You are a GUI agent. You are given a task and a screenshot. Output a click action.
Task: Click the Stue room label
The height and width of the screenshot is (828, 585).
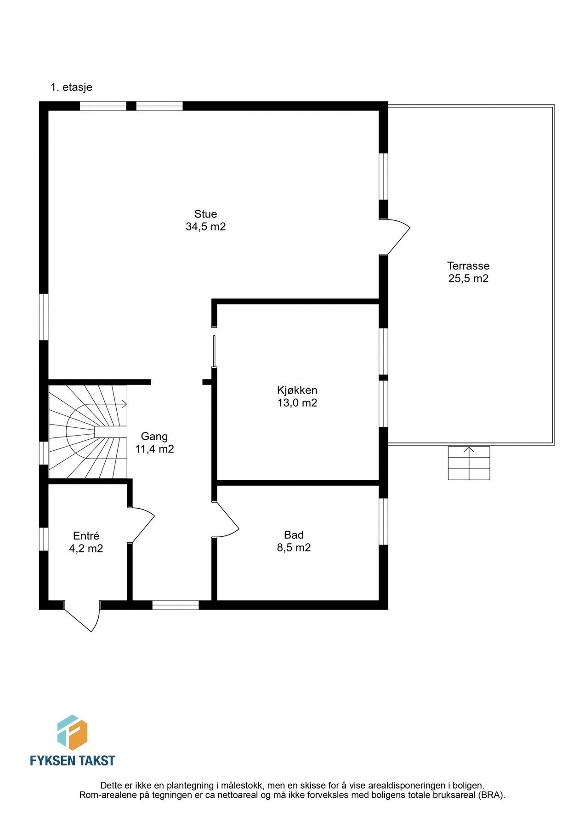205,214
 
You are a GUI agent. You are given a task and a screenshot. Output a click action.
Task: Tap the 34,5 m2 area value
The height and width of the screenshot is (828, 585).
205,227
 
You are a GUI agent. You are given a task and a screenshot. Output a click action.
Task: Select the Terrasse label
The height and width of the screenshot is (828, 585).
468,266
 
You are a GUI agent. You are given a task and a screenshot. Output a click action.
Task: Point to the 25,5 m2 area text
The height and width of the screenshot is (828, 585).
468,279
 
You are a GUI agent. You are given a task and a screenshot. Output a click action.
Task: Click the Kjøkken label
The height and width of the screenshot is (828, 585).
297,391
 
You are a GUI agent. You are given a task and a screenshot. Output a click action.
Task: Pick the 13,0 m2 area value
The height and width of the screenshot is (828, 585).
297,403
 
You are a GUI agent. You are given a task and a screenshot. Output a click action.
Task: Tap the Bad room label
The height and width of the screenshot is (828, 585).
294,535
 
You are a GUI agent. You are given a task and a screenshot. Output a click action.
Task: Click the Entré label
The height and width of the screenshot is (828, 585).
86,536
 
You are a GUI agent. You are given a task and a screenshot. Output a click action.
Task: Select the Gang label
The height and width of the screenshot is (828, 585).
154,437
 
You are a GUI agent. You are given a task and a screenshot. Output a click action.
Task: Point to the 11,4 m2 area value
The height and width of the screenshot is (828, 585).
154,449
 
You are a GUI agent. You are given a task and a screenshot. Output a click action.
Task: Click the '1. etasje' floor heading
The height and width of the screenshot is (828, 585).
71,87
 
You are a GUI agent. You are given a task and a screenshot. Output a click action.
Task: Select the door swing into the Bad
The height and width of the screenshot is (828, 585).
226,520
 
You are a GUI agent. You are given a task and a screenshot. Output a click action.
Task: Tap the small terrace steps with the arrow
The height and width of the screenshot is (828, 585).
469,463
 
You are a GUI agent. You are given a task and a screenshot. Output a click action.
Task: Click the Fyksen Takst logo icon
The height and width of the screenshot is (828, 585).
72,732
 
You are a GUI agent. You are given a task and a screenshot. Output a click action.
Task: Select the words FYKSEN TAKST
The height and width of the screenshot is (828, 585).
72,760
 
